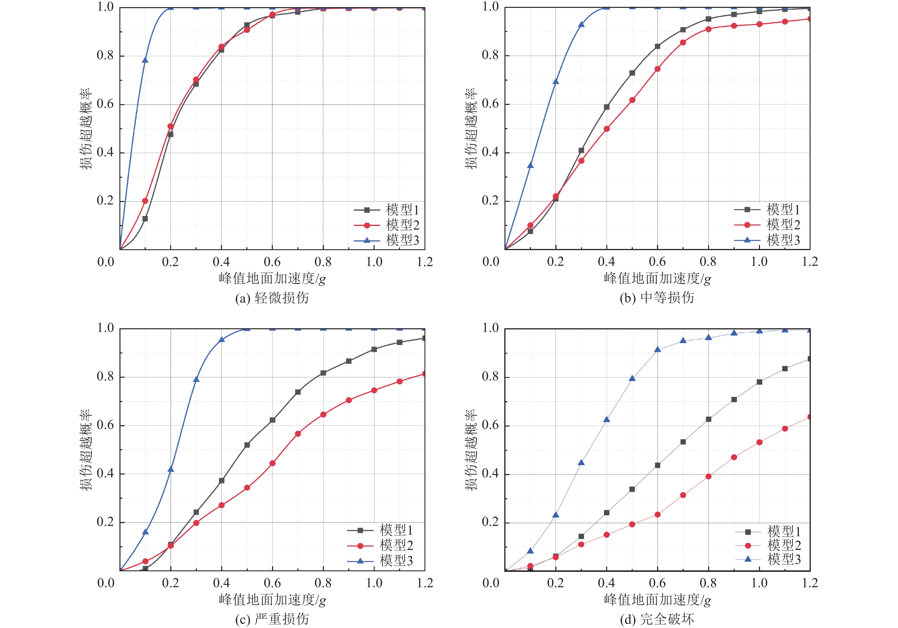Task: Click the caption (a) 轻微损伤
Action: tap(272, 298)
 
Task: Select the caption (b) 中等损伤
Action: tap(657, 298)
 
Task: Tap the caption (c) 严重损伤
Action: tap(272, 619)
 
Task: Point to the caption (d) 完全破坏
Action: tap(657, 619)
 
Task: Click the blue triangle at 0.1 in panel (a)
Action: tap(145, 60)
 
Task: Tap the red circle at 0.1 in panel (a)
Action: tap(145, 201)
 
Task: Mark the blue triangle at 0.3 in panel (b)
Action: tap(581, 24)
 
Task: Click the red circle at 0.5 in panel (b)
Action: tap(632, 100)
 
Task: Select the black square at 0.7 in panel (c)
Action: tap(298, 392)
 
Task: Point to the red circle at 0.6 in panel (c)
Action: tap(272, 463)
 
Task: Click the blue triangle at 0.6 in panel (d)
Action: tap(657, 349)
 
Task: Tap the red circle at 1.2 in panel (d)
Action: tap(809, 417)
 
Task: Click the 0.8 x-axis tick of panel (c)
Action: tap(323, 583)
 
